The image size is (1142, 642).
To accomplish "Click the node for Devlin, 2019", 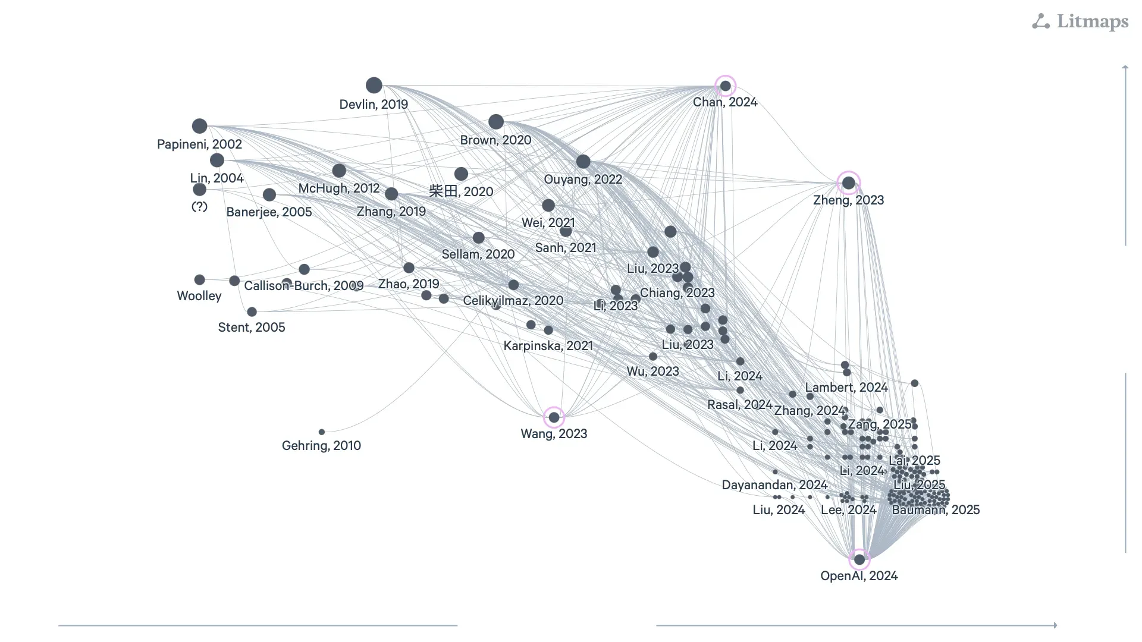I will tap(374, 85).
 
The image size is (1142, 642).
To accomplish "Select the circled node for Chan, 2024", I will tap(725, 86).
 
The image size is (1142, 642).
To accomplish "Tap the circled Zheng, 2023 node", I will tap(849, 183).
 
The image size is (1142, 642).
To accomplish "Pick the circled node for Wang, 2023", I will tap(554, 417).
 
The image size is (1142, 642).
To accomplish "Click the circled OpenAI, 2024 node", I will tap(859, 559).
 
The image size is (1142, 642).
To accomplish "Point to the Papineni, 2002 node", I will tap(199, 126).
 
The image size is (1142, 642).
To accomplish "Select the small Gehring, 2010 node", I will tap(322, 432).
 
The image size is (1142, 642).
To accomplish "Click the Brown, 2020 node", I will tap(496, 122).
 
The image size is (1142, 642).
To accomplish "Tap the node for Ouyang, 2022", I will tap(583, 162).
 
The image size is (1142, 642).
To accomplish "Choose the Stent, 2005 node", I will tap(252, 312).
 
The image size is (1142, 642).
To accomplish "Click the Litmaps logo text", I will tap(1092, 22).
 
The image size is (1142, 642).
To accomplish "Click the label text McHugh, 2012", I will tap(338, 188).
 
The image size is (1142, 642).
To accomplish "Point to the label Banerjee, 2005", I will tap(269, 212).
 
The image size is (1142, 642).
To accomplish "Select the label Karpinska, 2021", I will tap(548, 346).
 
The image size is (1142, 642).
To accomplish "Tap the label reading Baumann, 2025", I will tap(936, 510).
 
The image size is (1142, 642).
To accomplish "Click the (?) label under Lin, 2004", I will tap(199, 207).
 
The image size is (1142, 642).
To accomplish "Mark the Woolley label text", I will tap(199, 296).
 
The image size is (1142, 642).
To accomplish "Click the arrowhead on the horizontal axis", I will tap(1055, 625).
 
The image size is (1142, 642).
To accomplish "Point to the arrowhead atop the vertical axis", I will tap(1125, 67).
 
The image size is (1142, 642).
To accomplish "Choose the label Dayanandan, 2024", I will tap(774, 485).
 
